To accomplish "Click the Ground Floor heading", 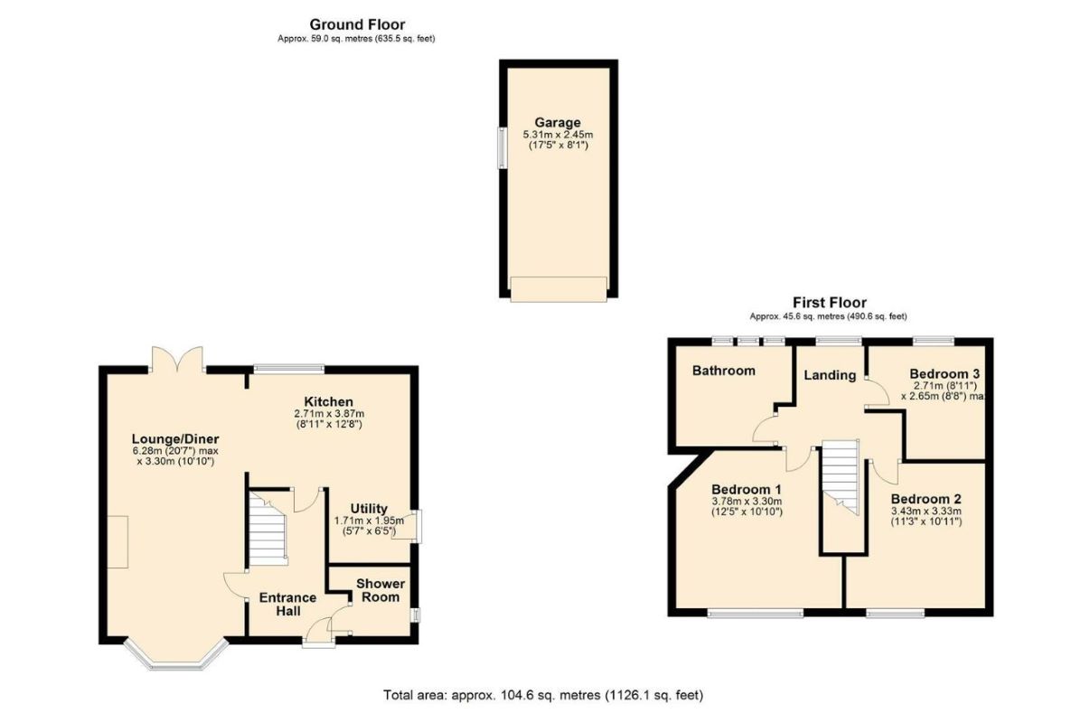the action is coord(357,24).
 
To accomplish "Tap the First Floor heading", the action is coord(830,303).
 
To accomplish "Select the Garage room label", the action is coord(558,123).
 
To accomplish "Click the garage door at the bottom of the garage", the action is coord(559,289).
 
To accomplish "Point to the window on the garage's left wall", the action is coord(502,148).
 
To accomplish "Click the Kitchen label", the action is coord(328,402).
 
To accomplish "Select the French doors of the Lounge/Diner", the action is coord(177,359).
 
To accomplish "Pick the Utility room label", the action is coord(369,509).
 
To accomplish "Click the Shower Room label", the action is coord(381,590).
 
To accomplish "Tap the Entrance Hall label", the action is coord(287,605).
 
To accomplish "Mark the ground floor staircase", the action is coord(268,529).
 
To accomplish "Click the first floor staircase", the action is coord(841,477).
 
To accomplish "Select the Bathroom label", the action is coord(724,371).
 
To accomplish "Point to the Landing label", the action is coord(830,375).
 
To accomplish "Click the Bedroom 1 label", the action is coord(747,489).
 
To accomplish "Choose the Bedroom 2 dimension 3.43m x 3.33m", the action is coord(926,512).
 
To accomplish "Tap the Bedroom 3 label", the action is coord(944,373).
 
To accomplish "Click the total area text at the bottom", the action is coord(543,695).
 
